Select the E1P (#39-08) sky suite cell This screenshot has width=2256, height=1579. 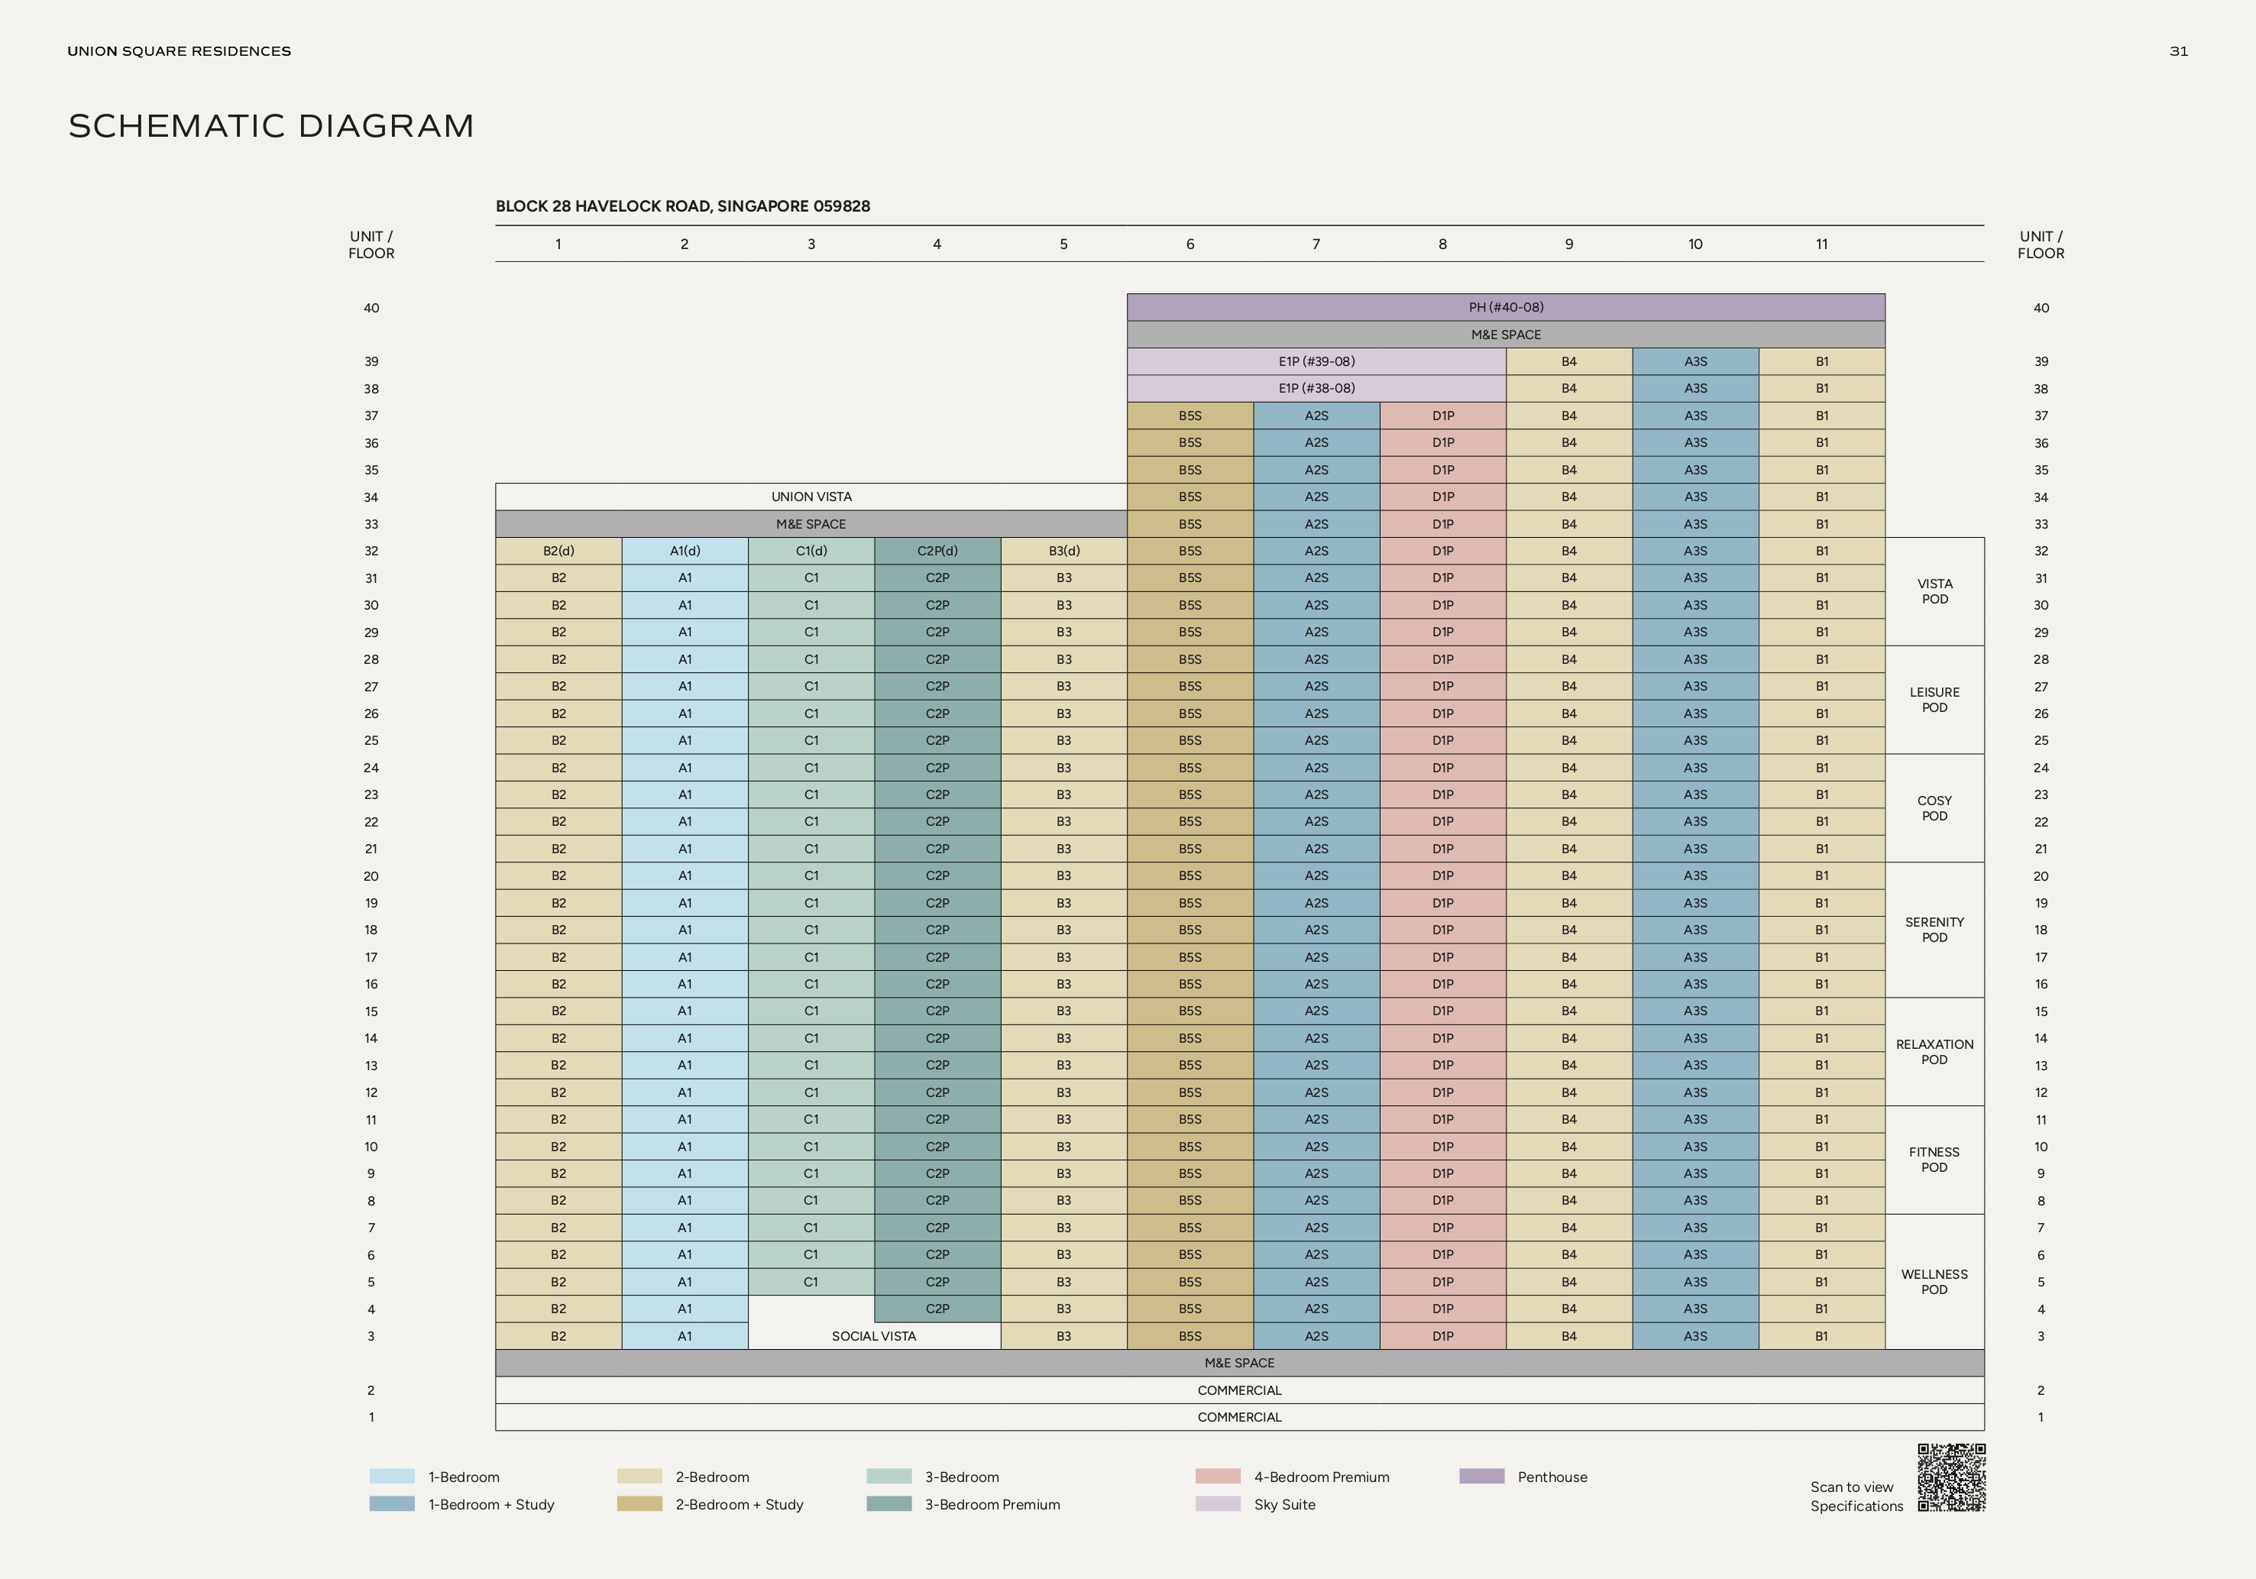1316,361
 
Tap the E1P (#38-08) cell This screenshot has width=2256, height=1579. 1316,388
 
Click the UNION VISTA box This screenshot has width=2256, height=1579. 811,497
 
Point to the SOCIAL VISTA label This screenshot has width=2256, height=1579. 873,1336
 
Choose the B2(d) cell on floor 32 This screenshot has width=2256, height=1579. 558,552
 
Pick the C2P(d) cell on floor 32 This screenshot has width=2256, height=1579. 937,552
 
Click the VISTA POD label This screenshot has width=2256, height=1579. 1934,591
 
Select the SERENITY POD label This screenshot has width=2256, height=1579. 1934,930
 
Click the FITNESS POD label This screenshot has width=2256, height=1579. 1934,1160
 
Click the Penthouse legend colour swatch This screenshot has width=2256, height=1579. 1481,1476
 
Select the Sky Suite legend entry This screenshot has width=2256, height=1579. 1283,1504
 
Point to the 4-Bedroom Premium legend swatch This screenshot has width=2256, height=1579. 1218,1476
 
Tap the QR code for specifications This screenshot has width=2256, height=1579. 1951,1477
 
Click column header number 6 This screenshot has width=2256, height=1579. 1190,244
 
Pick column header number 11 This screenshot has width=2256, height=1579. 1821,244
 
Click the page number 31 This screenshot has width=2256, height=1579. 2178,51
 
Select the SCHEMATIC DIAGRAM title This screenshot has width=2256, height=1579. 271,126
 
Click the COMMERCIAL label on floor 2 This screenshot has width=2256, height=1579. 1239,1390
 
